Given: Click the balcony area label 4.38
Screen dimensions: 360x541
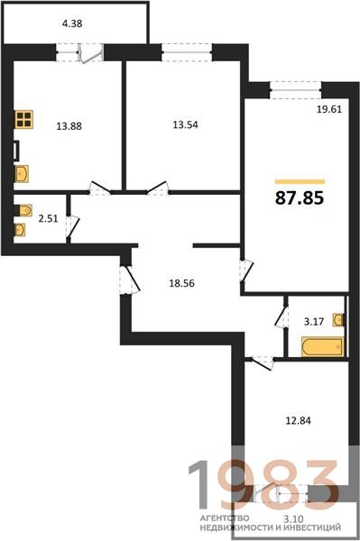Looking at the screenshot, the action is click(x=72, y=23).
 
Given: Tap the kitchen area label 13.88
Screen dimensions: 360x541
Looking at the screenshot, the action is click(x=69, y=126).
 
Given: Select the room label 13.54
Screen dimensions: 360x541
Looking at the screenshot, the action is click(x=185, y=124).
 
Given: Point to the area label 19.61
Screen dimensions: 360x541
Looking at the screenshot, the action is click(x=329, y=109).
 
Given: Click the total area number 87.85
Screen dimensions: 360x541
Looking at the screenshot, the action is click(x=300, y=198).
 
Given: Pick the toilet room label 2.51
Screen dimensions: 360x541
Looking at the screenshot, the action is click(x=48, y=218).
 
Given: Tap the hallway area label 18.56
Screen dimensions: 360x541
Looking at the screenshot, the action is click(x=181, y=283).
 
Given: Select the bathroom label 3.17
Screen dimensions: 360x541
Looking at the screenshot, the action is click(x=314, y=322).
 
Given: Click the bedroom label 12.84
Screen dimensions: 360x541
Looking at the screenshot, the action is click(x=298, y=420).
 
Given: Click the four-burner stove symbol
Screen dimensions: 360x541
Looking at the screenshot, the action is click(x=23, y=119).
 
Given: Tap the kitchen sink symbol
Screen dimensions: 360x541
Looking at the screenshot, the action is click(x=22, y=173).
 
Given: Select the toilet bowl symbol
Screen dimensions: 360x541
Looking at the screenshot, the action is click(x=23, y=210).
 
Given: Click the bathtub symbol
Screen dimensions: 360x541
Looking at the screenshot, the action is click(x=323, y=346).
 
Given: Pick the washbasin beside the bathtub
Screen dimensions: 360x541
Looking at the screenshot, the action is click(x=338, y=319).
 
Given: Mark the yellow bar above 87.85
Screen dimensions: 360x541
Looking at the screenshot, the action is click(x=300, y=181).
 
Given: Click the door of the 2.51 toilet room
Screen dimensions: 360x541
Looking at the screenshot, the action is click(x=73, y=226).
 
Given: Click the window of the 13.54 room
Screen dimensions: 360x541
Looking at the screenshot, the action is click(x=187, y=52).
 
